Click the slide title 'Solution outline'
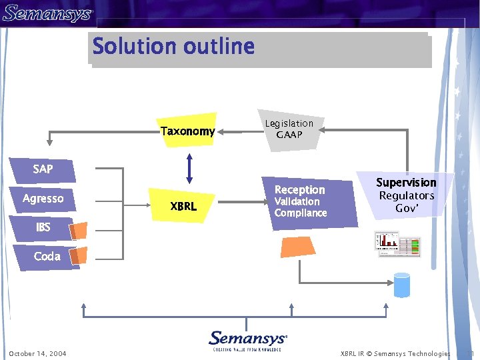(x=173, y=47)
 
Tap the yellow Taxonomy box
(x=188, y=131)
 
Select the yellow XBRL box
(x=183, y=207)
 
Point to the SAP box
(x=43, y=169)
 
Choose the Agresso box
(x=43, y=199)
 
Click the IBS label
(x=43, y=227)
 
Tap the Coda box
(x=47, y=257)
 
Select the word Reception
(x=300, y=190)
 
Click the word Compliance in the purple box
(x=301, y=213)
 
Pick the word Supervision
(x=406, y=183)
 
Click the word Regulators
(x=406, y=196)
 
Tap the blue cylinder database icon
(x=402, y=285)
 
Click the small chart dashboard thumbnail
(x=397, y=243)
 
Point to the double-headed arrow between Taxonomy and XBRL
(x=189, y=169)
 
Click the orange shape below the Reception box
(x=298, y=247)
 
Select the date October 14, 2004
(x=38, y=353)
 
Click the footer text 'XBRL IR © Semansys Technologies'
(x=395, y=353)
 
